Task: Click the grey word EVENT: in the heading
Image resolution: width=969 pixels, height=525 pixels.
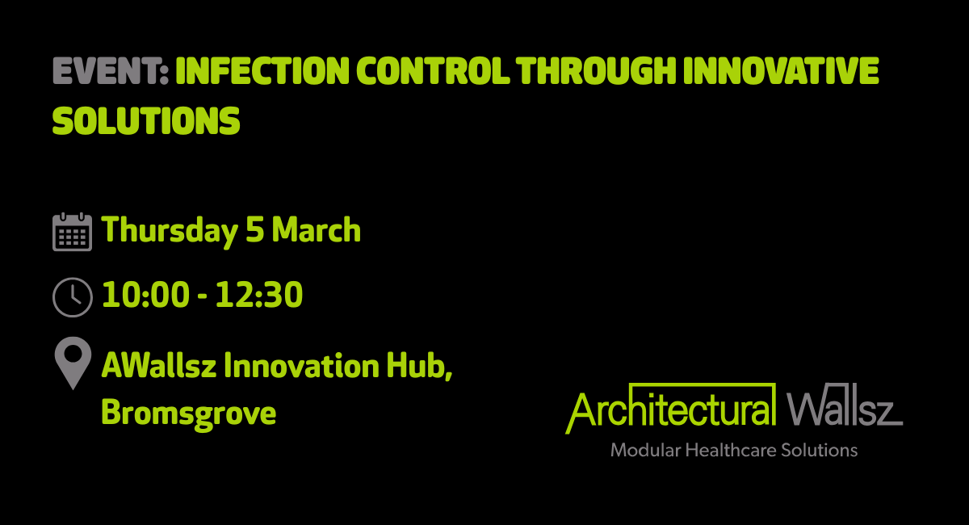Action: pyautogui.click(x=111, y=70)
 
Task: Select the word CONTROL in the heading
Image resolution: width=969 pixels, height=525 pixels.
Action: pyautogui.click(x=433, y=70)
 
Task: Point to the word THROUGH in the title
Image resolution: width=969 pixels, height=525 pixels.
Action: pyautogui.click(x=596, y=70)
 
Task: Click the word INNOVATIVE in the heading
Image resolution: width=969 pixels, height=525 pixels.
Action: pyautogui.click(x=782, y=70)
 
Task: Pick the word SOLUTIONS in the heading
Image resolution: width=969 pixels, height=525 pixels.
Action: pyautogui.click(x=146, y=121)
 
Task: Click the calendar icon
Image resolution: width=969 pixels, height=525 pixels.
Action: pyautogui.click(x=72, y=232)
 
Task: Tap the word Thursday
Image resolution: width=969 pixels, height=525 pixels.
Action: pyautogui.click(x=170, y=232)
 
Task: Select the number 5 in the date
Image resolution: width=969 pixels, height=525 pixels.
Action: pyautogui.click(x=255, y=229)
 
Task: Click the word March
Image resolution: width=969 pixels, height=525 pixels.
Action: pyautogui.click(x=317, y=229)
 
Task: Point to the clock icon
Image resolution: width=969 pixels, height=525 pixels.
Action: pyautogui.click(x=72, y=297)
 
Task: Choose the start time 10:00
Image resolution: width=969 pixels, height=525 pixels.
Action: pyautogui.click(x=146, y=294)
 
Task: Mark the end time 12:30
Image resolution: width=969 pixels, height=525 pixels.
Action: pyautogui.click(x=259, y=294)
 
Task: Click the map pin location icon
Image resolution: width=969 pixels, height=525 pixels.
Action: pyautogui.click(x=73, y=363)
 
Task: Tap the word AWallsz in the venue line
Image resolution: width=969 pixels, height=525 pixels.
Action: pyautogui.click(x=159, y=366)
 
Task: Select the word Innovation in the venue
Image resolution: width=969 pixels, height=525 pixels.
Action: pyautogui.click(x=301, y=366)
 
